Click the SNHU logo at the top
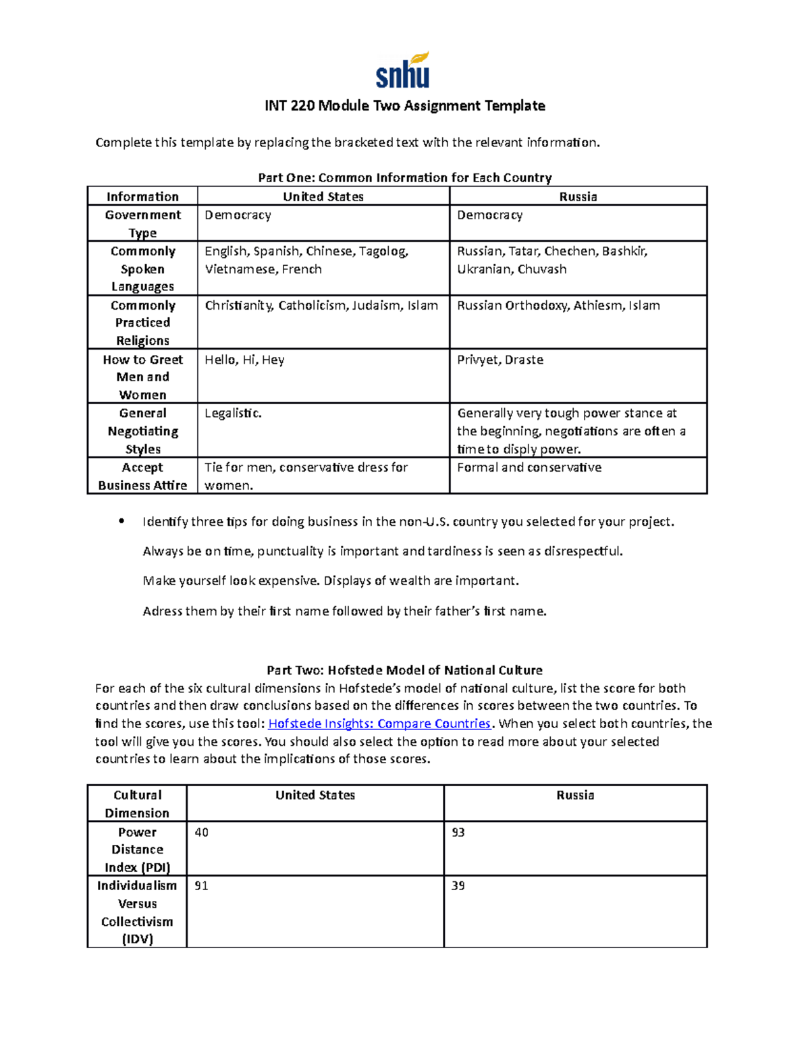tap(403, 71)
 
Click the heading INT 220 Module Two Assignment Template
tap(404, 105)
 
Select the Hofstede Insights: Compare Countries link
tap(379, 723)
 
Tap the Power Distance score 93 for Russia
tap(458, 832)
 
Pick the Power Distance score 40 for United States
tap(201, 832)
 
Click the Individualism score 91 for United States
tap(201, 885)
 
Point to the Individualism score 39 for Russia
tap(458, 885)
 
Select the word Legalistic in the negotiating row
tap(233, 413)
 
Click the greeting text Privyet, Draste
tap(500, 360)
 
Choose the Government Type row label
tap(142, 223)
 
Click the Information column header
tap(142, 196)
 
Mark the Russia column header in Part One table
tap(578, 196)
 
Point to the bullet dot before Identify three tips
tap(122, 521)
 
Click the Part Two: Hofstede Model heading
tap(404, 670)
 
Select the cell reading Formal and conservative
tap(529, 467)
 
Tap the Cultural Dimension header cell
tap(137, 804)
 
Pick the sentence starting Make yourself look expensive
tap(331, 580)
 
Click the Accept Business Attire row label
tap(142, 476)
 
